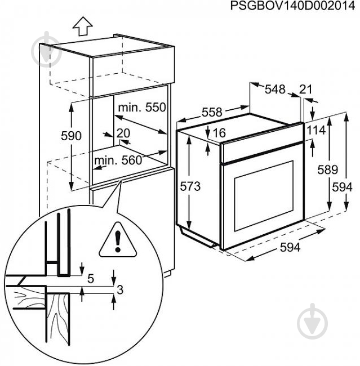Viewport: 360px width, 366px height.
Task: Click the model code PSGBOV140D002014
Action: point(295,6)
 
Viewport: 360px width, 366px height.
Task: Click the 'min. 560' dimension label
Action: point(118,160)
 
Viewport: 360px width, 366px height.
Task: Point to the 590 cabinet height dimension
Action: point(72,136)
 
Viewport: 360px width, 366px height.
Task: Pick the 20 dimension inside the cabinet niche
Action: point(123,133)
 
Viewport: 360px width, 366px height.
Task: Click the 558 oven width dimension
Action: point(212,113)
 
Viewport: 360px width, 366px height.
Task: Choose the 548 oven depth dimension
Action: point(275,89)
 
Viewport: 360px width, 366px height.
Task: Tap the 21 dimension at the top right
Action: point(306,89)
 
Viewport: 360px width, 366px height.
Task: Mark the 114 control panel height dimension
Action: point(317,130)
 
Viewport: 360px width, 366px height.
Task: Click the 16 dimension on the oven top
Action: point(219,133)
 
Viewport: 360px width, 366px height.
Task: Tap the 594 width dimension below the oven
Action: point(291,247)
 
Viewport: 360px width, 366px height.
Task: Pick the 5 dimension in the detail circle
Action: point(90,277)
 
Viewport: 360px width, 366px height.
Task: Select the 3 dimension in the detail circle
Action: point(119,289)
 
